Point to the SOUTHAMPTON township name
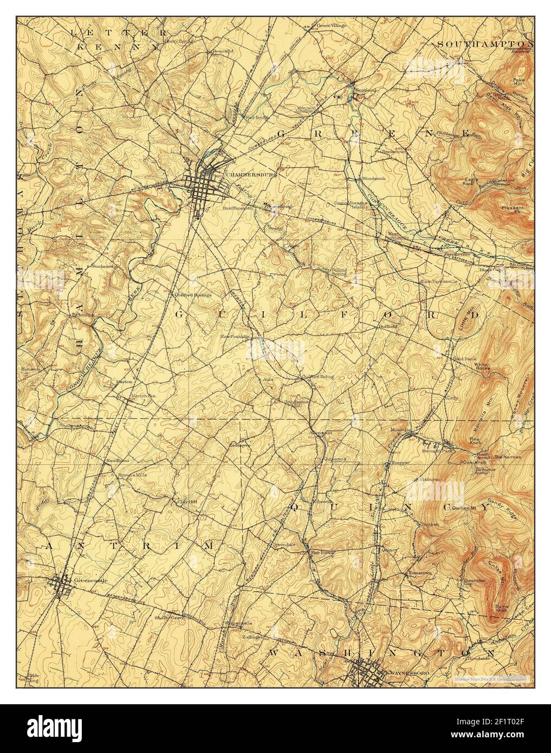[x=484, y=43]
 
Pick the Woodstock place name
[x=373, y=178]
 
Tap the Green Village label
[x=332, y=25]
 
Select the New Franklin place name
[x=235, y=336]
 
